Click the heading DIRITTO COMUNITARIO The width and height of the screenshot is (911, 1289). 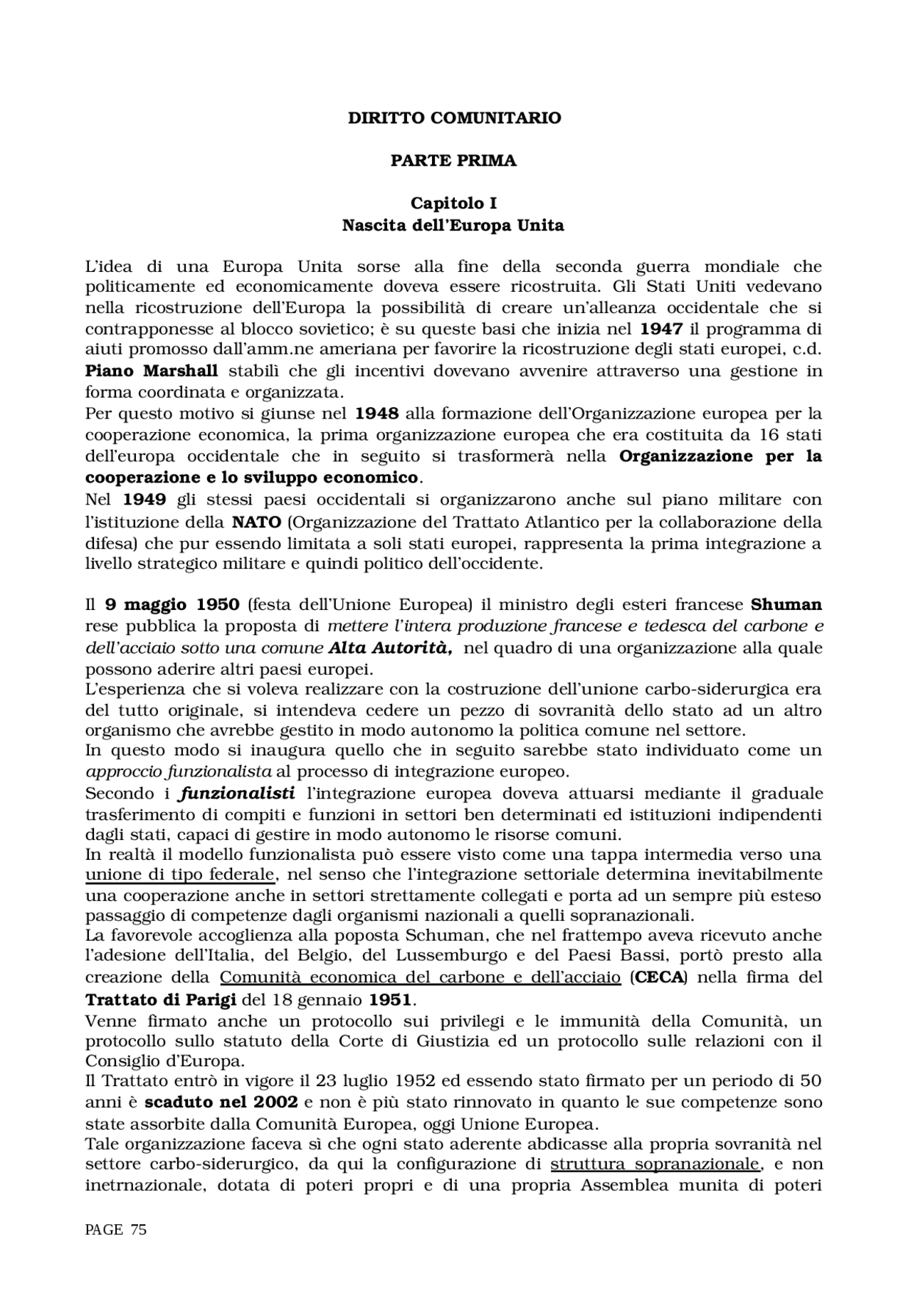coord(454,118)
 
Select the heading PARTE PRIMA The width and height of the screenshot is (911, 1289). coord(453,161)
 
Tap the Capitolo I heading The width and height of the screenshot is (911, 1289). coord(453,204)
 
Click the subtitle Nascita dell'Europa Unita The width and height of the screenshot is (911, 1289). coord(453,226)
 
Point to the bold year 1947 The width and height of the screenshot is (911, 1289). coord(661,329)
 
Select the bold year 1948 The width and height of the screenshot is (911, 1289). coord(376,414)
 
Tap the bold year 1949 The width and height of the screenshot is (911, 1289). coord(144,500)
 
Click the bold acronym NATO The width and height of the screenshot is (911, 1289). coord(258,522)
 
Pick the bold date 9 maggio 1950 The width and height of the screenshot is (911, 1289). coord(172,605)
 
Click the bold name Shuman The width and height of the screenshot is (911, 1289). coord(786,605)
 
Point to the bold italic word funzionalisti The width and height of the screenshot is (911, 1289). coord(236,793)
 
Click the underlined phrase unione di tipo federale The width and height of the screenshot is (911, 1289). coord(179,875)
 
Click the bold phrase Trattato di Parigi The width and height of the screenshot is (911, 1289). coord(161,1000)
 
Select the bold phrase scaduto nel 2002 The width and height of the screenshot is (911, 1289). coord(221,1103)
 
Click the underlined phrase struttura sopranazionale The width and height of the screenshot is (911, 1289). coord(655,1164)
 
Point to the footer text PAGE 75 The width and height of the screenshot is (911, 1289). coord(115,1230)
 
